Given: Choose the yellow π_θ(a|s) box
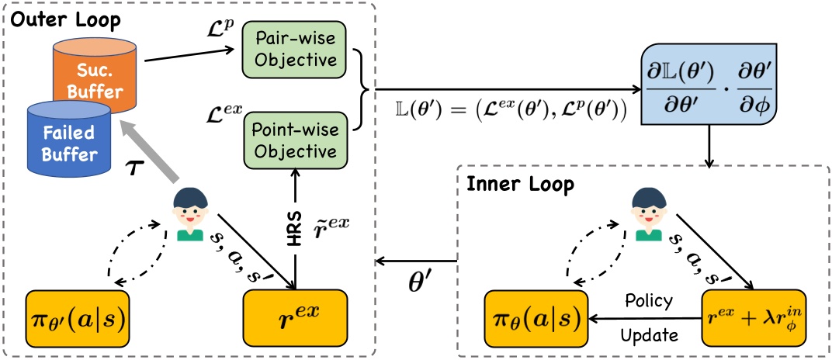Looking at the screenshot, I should [x=535, y=319].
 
